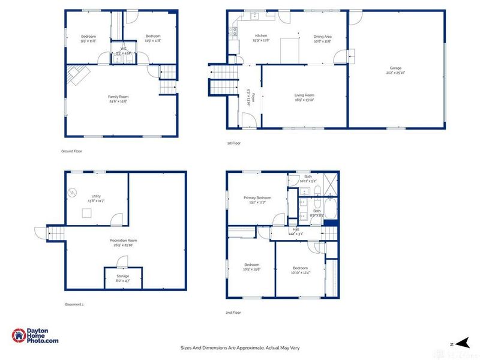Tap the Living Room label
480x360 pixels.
(x=304, y=95)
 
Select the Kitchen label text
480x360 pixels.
(x=261, y=36)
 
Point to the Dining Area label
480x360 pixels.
(x=322, y=36)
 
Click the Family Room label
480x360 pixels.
(x=118, y=97)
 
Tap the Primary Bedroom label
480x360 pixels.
(x=257, y=197)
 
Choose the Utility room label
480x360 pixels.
(x=96, y=196)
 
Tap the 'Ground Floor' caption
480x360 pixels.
(x=72, y=151)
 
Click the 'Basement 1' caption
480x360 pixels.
(x=74, y=304)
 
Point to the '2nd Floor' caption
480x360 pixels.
(x=233, y=313)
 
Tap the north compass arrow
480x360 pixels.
(x=461, y=343)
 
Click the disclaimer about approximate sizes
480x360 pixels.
(x=240, y=347)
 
